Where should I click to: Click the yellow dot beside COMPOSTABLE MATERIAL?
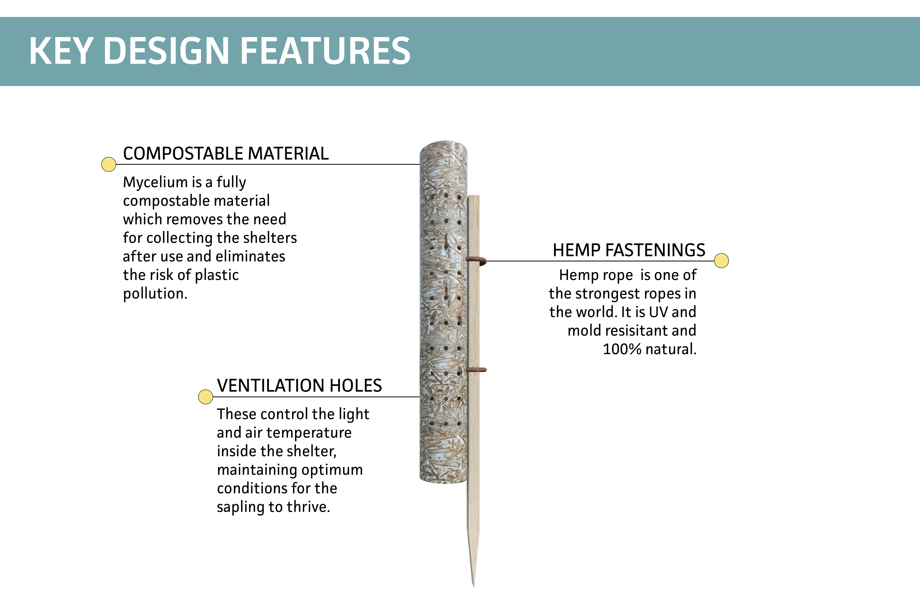109,164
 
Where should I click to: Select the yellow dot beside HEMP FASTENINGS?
721,261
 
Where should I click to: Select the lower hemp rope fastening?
476,370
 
